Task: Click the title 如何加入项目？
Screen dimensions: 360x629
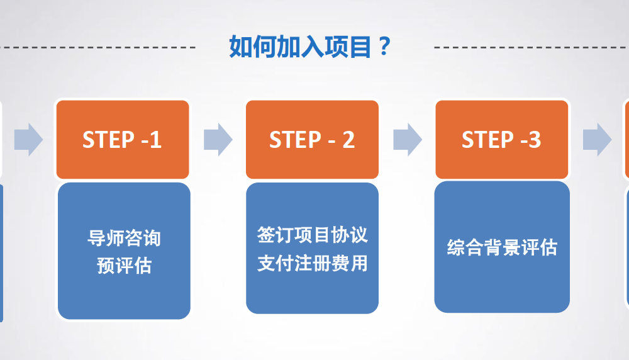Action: click(310, 47)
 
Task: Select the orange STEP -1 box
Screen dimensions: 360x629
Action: click(123, 139)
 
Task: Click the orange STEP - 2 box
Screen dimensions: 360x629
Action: click(312, 139)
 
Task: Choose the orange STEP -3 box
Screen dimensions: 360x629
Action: click(502, 139)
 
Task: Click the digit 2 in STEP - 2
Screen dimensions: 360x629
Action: click(348, 140)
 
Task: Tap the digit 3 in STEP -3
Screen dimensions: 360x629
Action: click(534, 140)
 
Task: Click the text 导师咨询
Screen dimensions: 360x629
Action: click(124, 239)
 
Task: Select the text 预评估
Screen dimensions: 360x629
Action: click(124, 266)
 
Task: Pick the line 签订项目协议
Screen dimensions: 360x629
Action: click(312, 235)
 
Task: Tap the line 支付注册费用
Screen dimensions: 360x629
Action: click(312, 262)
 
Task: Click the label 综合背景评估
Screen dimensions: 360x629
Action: click(502, 247)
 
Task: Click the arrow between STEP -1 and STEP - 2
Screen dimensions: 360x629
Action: click(218, 139)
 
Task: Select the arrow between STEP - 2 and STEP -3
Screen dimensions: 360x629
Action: click(408, 139)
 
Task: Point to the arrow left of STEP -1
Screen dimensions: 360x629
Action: click(28, 139)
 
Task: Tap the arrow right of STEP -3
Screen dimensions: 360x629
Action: click(597, 139)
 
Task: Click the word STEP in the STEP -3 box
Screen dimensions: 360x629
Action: click(486, 140)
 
